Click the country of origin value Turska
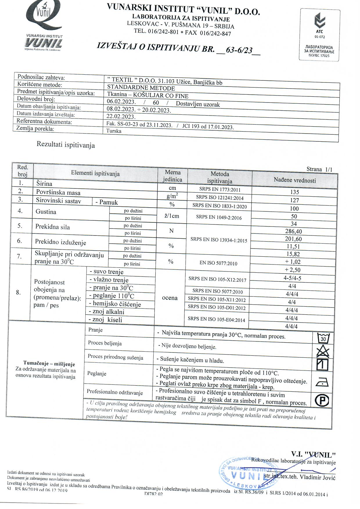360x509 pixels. click(x=114, y=131)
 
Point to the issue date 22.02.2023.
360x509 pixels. click(x=121, y=117)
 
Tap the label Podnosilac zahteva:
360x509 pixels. click(x=41, y=78)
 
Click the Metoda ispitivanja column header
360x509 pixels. click(x=220, y=177)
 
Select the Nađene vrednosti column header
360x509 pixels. click(x=295, y=180)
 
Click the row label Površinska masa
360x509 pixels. click(x=58, y=193)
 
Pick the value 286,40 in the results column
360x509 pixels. click(x=294, y=231)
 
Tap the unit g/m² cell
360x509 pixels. click(x=172, y=196)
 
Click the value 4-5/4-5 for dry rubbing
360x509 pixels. click(x=292, y=278)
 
